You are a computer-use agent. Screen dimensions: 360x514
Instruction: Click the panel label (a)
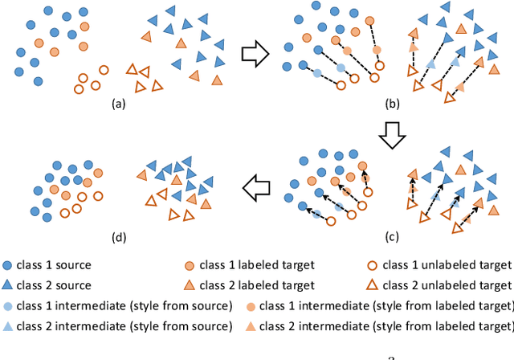pyautogui.click(x=119, y=104)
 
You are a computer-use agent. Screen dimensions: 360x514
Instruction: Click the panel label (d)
pyautogui.click(x=119, y=235)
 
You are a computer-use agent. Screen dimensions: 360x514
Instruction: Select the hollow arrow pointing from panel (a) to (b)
pyautogui.click(x=255, y=55)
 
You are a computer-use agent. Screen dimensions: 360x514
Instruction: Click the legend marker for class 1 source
pyautogui.click(x=7, y=265)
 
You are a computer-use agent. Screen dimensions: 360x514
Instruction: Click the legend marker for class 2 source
pyautogui.click(x=7, y=285)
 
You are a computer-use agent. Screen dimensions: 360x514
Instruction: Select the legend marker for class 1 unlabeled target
pyautogui.click(x=372, y=265)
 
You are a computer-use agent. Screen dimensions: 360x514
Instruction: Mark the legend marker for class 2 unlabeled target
pyautogui.click(x=372, y=285)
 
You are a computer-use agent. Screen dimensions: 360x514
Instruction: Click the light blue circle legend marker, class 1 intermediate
pyautogui.click(x=7, y=306)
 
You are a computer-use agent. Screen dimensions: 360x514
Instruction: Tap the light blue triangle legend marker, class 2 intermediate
pyautogui.click(x=7, y=326)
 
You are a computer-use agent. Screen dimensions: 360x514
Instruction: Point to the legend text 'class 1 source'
pyautogui.click(x=53, y=265)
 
